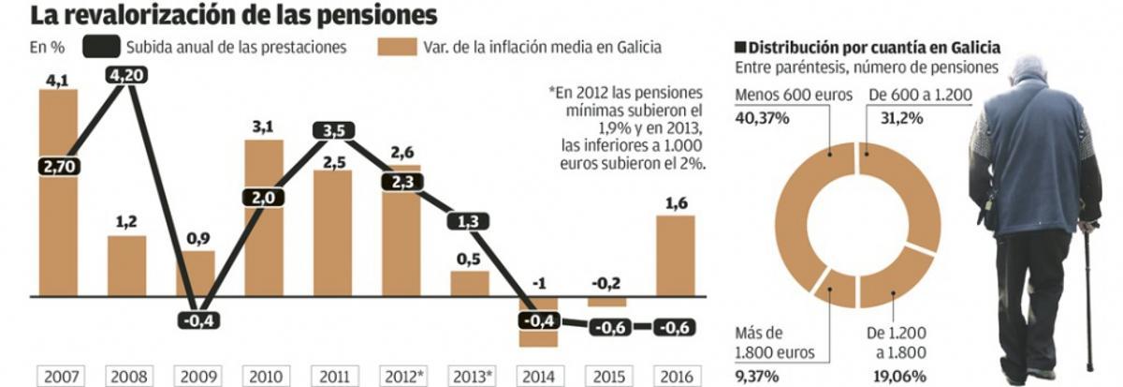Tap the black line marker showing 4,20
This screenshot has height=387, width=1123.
[127, 75]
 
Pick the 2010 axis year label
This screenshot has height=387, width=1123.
[265, 377]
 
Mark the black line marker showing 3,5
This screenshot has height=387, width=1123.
[334, 130]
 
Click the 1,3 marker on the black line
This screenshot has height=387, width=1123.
[472, 221]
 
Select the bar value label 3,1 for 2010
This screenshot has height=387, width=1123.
[265, 125]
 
